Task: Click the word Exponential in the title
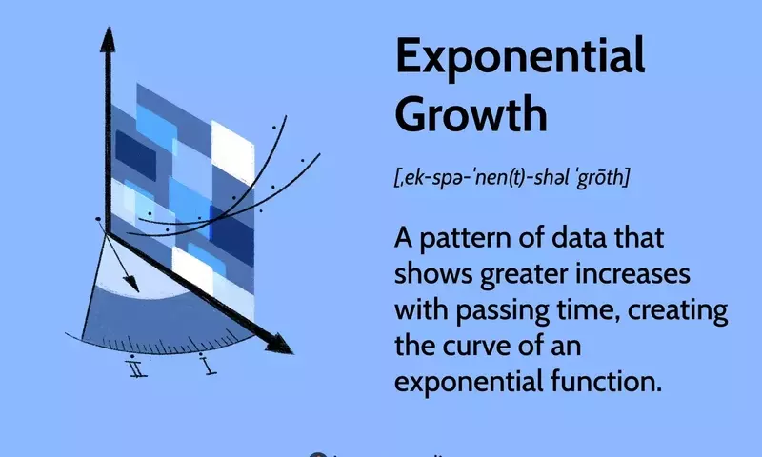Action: [519, 59]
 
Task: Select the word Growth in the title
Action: [471, 114]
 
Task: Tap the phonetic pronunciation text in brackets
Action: [511, 178]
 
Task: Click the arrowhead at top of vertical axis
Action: [107, 40]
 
